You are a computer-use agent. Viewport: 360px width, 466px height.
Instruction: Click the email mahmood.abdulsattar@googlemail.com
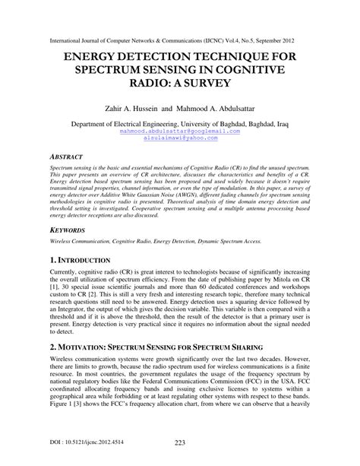click(179, 131)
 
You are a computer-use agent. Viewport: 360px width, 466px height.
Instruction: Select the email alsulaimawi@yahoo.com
click(179, 138)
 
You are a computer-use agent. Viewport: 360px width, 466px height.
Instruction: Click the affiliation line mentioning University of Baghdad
click(180, 122)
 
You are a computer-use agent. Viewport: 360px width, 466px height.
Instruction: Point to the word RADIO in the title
click(154, 87)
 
